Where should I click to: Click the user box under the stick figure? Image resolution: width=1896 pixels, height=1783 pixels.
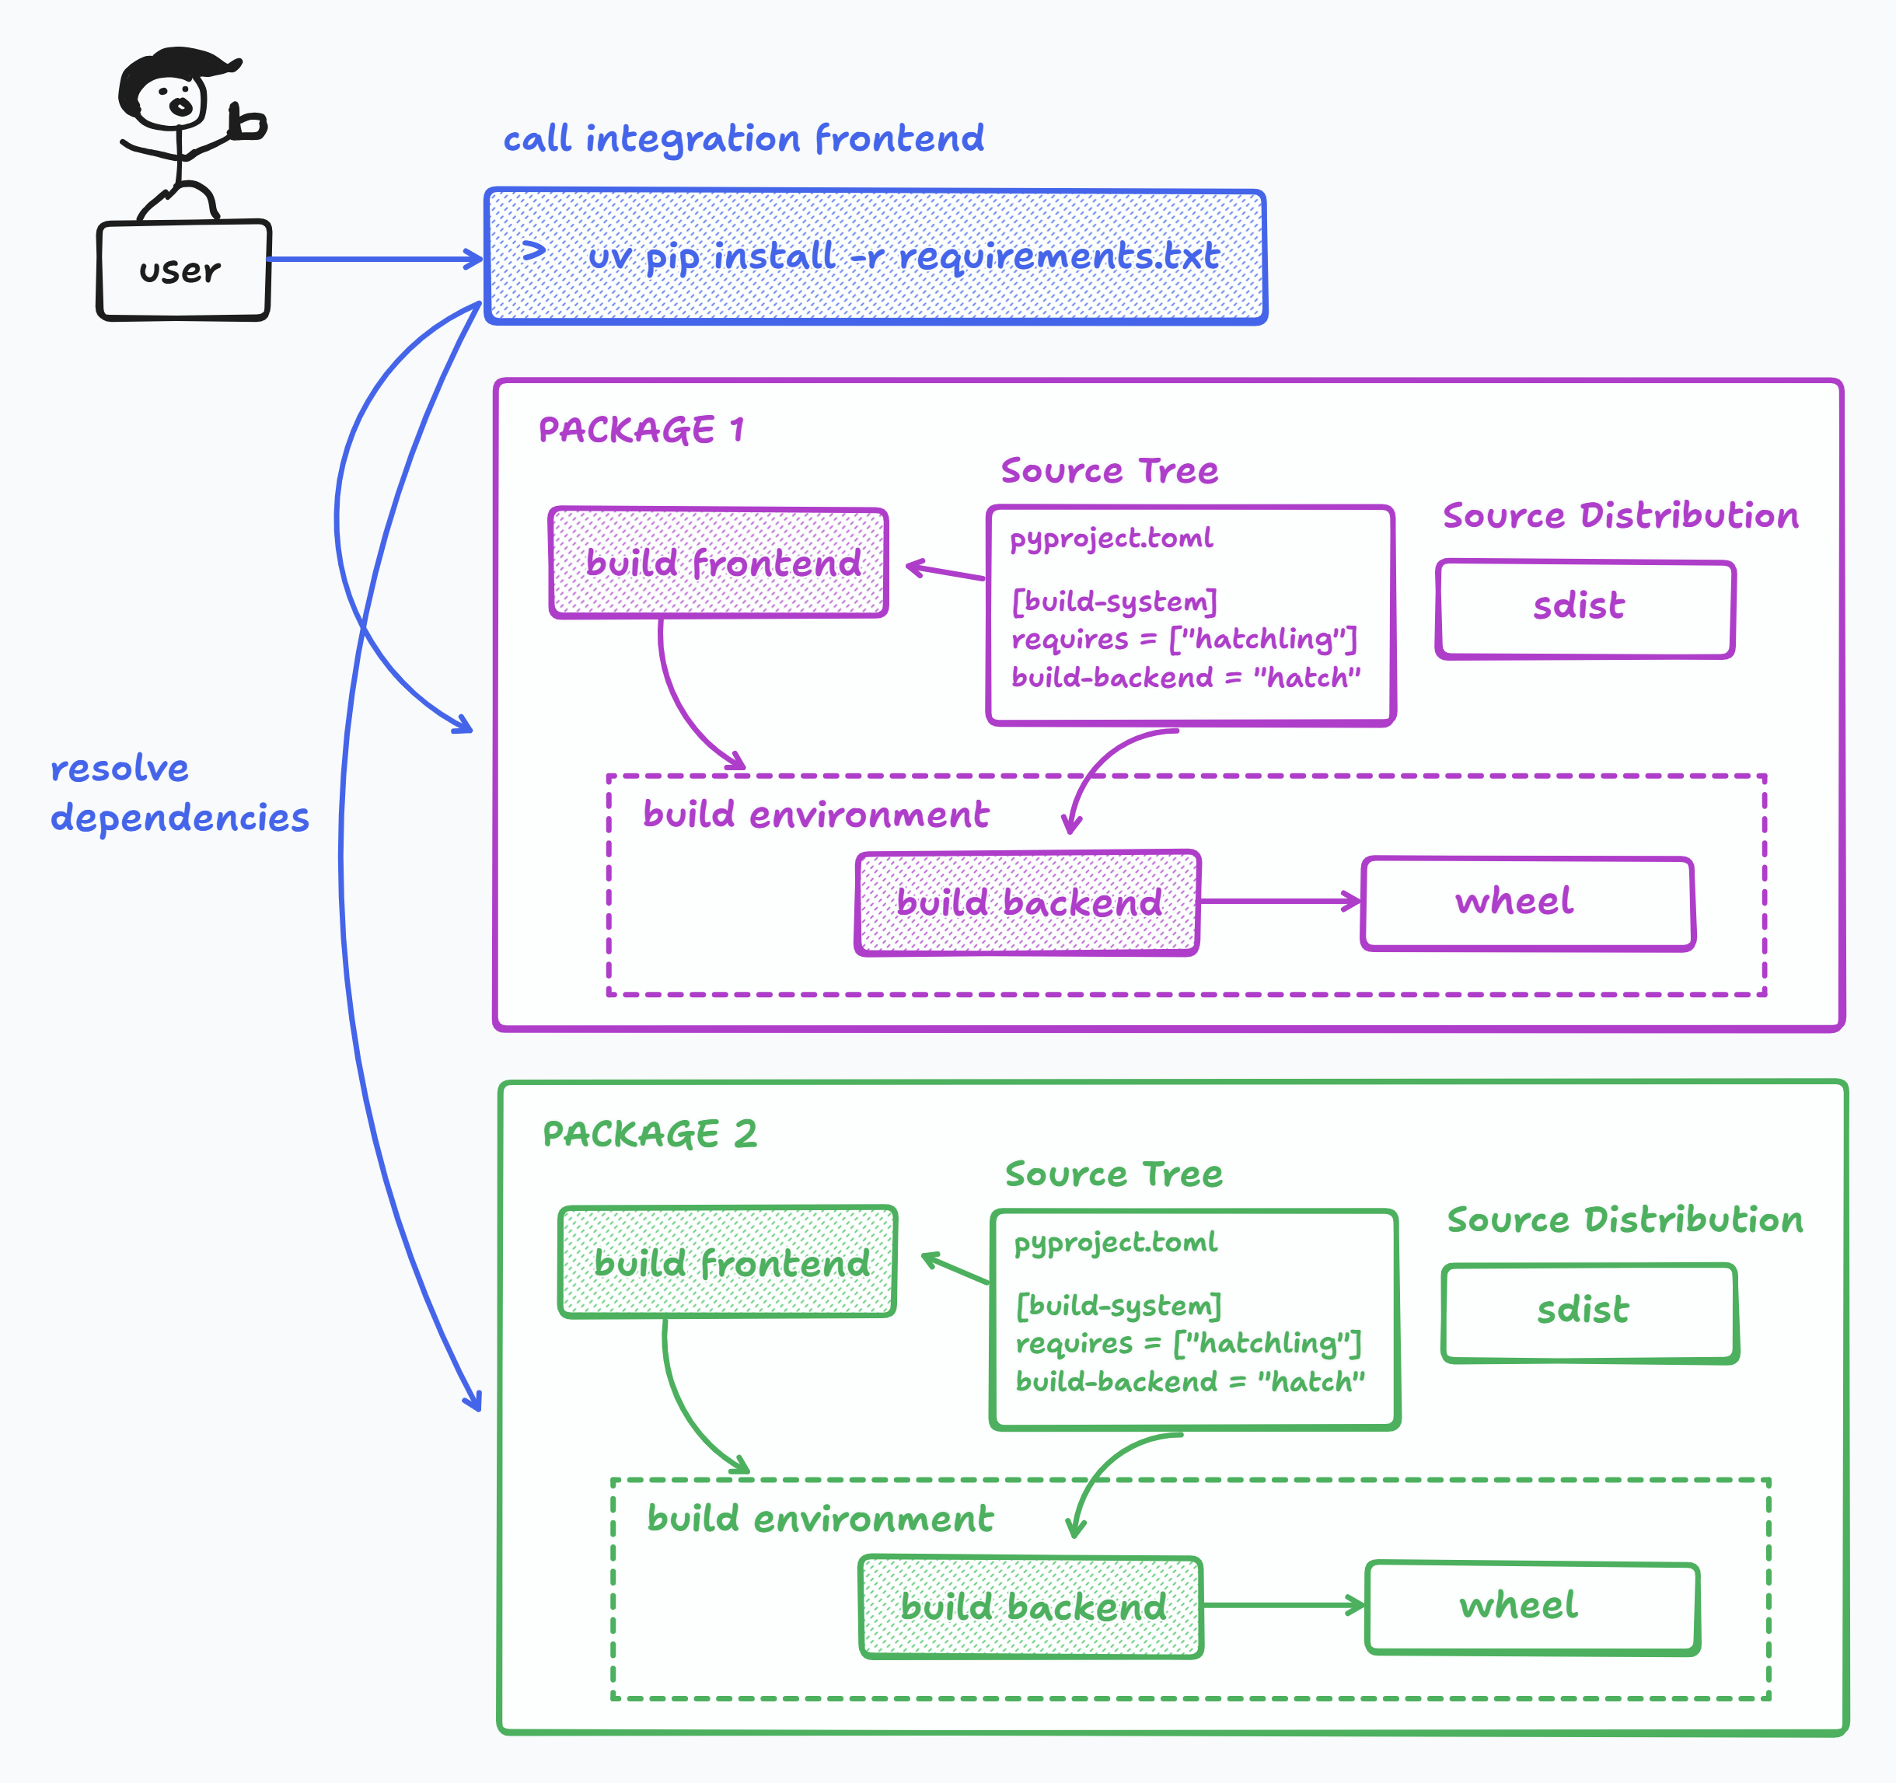click(183, 270)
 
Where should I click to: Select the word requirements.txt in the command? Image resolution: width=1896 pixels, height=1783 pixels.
click(1059, 256)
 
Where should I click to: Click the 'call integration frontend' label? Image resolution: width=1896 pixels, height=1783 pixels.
click(743, 139)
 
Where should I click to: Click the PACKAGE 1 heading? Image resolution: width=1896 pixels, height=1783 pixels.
click(641, 430)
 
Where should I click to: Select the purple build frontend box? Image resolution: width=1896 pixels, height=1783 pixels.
click(719, 563)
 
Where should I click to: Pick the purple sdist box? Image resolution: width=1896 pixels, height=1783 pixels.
click(1584, 609)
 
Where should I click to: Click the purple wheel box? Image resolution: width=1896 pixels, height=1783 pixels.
click(1527, 902)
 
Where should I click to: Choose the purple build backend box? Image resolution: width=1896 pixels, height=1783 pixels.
click(1027, 902)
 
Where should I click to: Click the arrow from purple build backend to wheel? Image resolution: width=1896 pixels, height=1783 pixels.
click(1278, 901)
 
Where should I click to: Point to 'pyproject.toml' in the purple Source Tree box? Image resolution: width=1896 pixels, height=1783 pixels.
click(1111, 539)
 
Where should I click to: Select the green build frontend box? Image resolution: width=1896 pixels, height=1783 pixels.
click(727, 1261)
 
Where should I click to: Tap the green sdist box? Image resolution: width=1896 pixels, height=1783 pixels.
click(1589, 1312)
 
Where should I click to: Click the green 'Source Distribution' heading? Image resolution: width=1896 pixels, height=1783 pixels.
click(1624, 1219)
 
